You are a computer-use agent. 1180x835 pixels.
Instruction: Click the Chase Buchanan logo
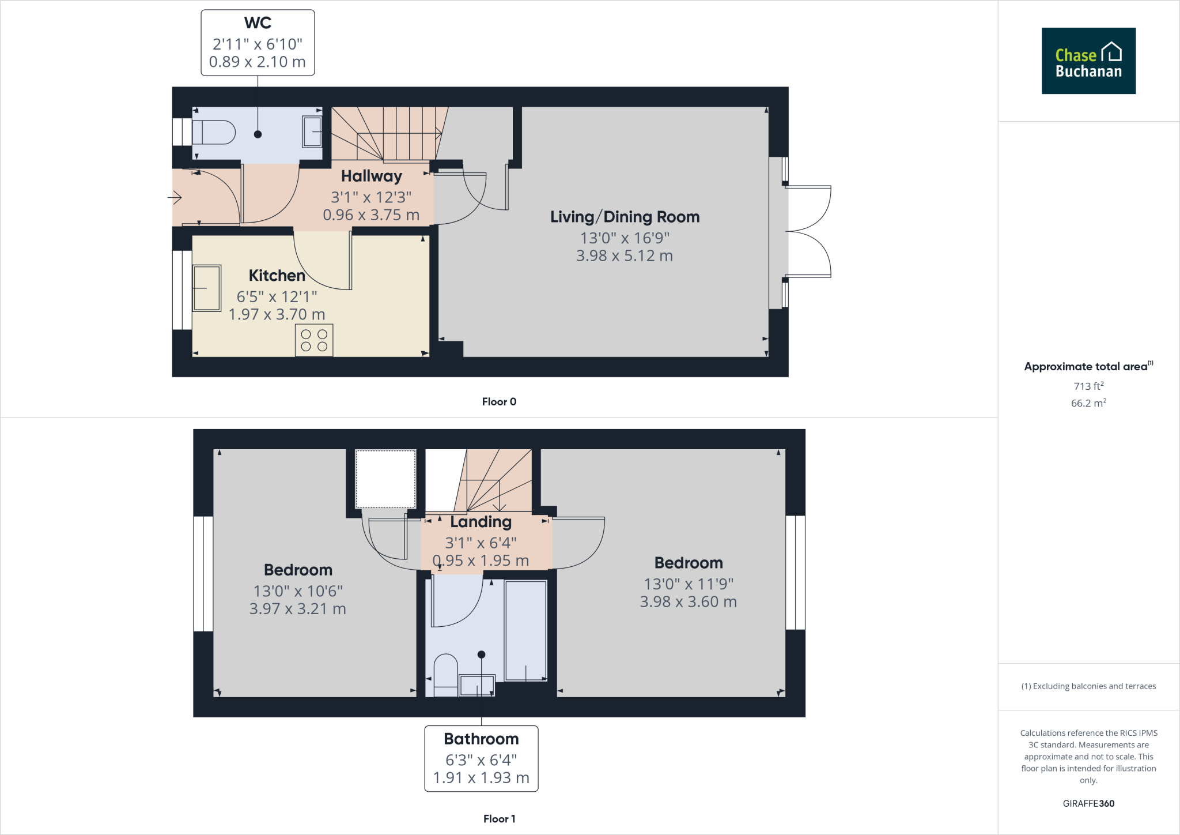1088,61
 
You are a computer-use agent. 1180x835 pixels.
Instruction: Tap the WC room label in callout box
258,23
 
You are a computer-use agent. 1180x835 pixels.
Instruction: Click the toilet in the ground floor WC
214,133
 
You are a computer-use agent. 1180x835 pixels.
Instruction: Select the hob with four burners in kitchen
314,340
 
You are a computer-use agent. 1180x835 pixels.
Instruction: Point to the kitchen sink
206,288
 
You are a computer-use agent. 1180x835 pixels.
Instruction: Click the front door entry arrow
175,198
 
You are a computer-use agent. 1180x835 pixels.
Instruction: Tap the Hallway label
371,176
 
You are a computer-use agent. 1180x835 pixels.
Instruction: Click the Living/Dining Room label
625,217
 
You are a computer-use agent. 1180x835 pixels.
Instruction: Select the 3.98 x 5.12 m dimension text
625,255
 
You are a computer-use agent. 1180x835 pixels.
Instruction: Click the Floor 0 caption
499,402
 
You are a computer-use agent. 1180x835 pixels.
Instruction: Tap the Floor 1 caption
499,819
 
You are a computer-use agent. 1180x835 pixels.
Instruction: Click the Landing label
481,522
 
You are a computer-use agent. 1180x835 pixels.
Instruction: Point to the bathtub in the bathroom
525,630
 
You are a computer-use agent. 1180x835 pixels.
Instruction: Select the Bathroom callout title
481,739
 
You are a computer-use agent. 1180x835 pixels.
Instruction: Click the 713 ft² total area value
1088,386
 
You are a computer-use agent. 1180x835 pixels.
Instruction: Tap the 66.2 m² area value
1088,403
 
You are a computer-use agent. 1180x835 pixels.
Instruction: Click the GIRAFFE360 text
1088,803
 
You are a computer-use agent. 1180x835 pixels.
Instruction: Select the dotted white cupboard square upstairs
385,479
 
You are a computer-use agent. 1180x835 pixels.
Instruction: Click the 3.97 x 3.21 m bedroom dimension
297,609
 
